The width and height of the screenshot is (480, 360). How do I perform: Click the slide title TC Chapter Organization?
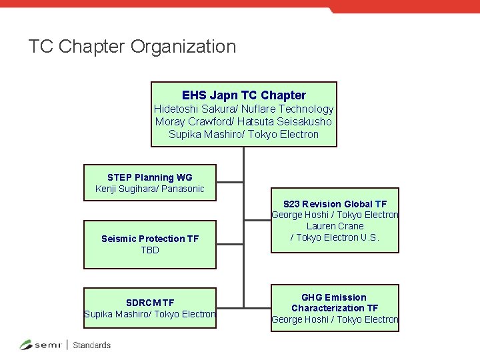click(x=132, y=47)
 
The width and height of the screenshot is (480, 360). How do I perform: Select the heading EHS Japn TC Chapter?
click(x=243, y=95)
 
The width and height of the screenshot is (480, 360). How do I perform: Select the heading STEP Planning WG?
click(x=149, y=177)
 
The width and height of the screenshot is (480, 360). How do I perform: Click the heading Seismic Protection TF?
click(x=149, y=239)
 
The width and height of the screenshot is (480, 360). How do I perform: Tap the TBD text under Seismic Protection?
click(x=149, y=250)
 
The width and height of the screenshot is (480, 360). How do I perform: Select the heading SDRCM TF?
click(x=149, y=303)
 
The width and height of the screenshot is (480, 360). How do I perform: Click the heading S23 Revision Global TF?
click(x=335, y=204)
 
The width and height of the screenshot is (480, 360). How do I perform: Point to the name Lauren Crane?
click(x=335, y=226)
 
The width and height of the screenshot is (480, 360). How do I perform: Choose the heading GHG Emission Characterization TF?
click(x=335, y=303)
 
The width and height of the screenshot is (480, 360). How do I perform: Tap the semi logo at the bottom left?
click(x=41, y=345)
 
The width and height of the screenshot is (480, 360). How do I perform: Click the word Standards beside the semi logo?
click(x=91, y=345)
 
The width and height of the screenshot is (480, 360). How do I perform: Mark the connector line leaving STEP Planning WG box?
click(x=230, y=182)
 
